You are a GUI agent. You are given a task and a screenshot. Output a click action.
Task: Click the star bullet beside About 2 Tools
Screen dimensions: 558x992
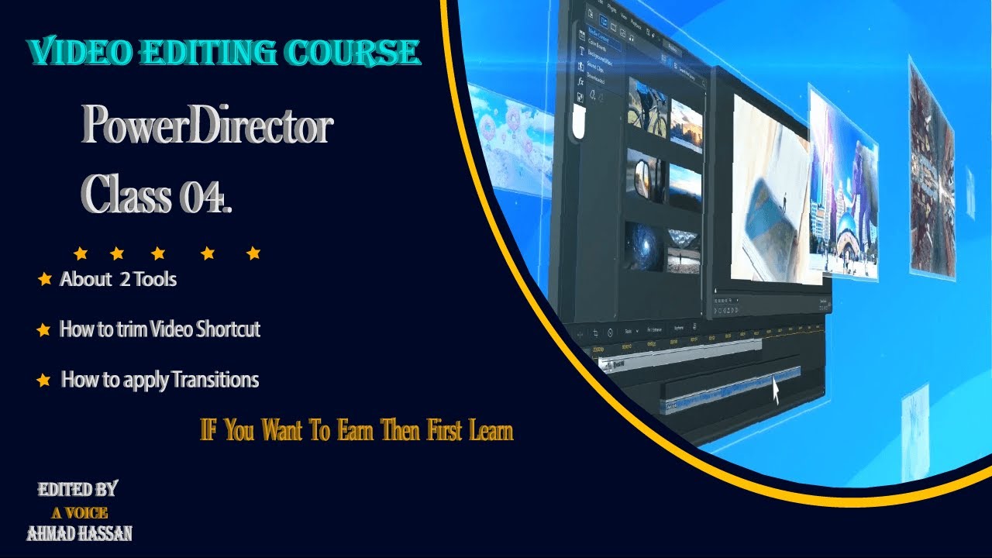point(45,280)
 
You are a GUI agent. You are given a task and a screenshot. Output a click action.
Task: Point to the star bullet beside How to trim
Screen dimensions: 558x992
point(44,330)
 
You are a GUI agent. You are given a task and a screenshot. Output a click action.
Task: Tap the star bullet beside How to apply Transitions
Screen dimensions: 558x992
point(45,381)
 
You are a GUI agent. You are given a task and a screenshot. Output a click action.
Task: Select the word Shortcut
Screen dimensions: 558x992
point(228,329)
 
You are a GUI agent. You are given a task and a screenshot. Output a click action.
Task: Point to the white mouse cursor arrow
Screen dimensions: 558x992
point(776,389)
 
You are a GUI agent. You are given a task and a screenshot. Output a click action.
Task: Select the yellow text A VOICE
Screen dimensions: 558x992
point(79,512)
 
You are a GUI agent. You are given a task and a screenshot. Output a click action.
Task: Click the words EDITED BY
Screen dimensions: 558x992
point(77,490)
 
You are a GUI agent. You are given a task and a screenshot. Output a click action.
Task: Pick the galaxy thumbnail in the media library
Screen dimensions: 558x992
point(644,246)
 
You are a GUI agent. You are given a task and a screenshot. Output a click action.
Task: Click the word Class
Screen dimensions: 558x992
point(127,195)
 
